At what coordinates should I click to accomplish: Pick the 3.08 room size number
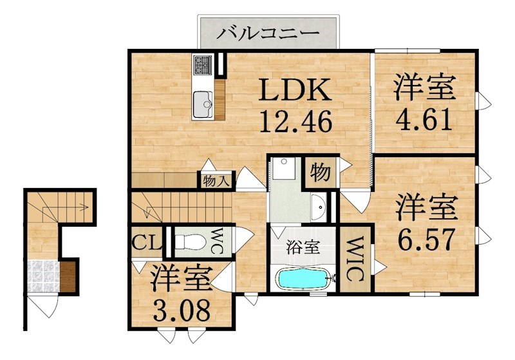point(182,311)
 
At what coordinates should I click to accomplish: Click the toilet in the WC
point(191,242)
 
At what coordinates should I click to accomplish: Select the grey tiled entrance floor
point(42,275)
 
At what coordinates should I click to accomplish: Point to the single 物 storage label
point(320,172)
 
